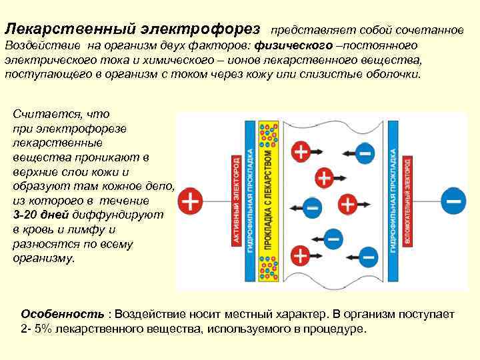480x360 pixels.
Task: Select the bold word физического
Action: tap(299, 46)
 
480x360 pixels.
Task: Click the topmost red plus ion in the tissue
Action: tap(301, 151)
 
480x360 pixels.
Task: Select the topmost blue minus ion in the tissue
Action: tap(364, 153)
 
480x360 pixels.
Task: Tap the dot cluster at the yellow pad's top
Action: tap(269, 134)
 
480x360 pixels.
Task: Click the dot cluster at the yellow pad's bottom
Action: tap(269, 270)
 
